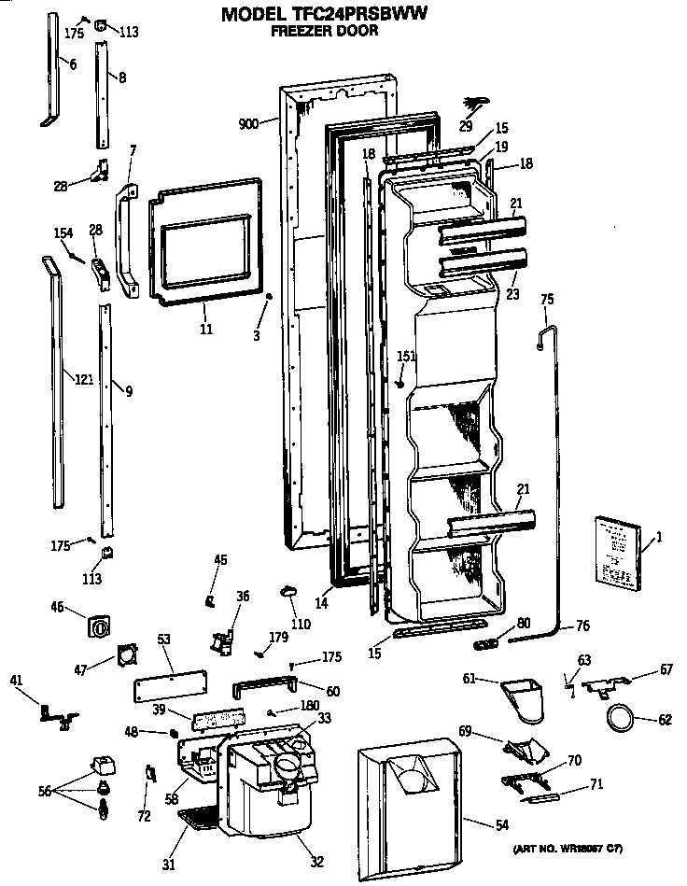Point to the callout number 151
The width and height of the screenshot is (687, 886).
tap(405, 356)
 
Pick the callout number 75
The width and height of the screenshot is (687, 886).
tap(547, 299)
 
